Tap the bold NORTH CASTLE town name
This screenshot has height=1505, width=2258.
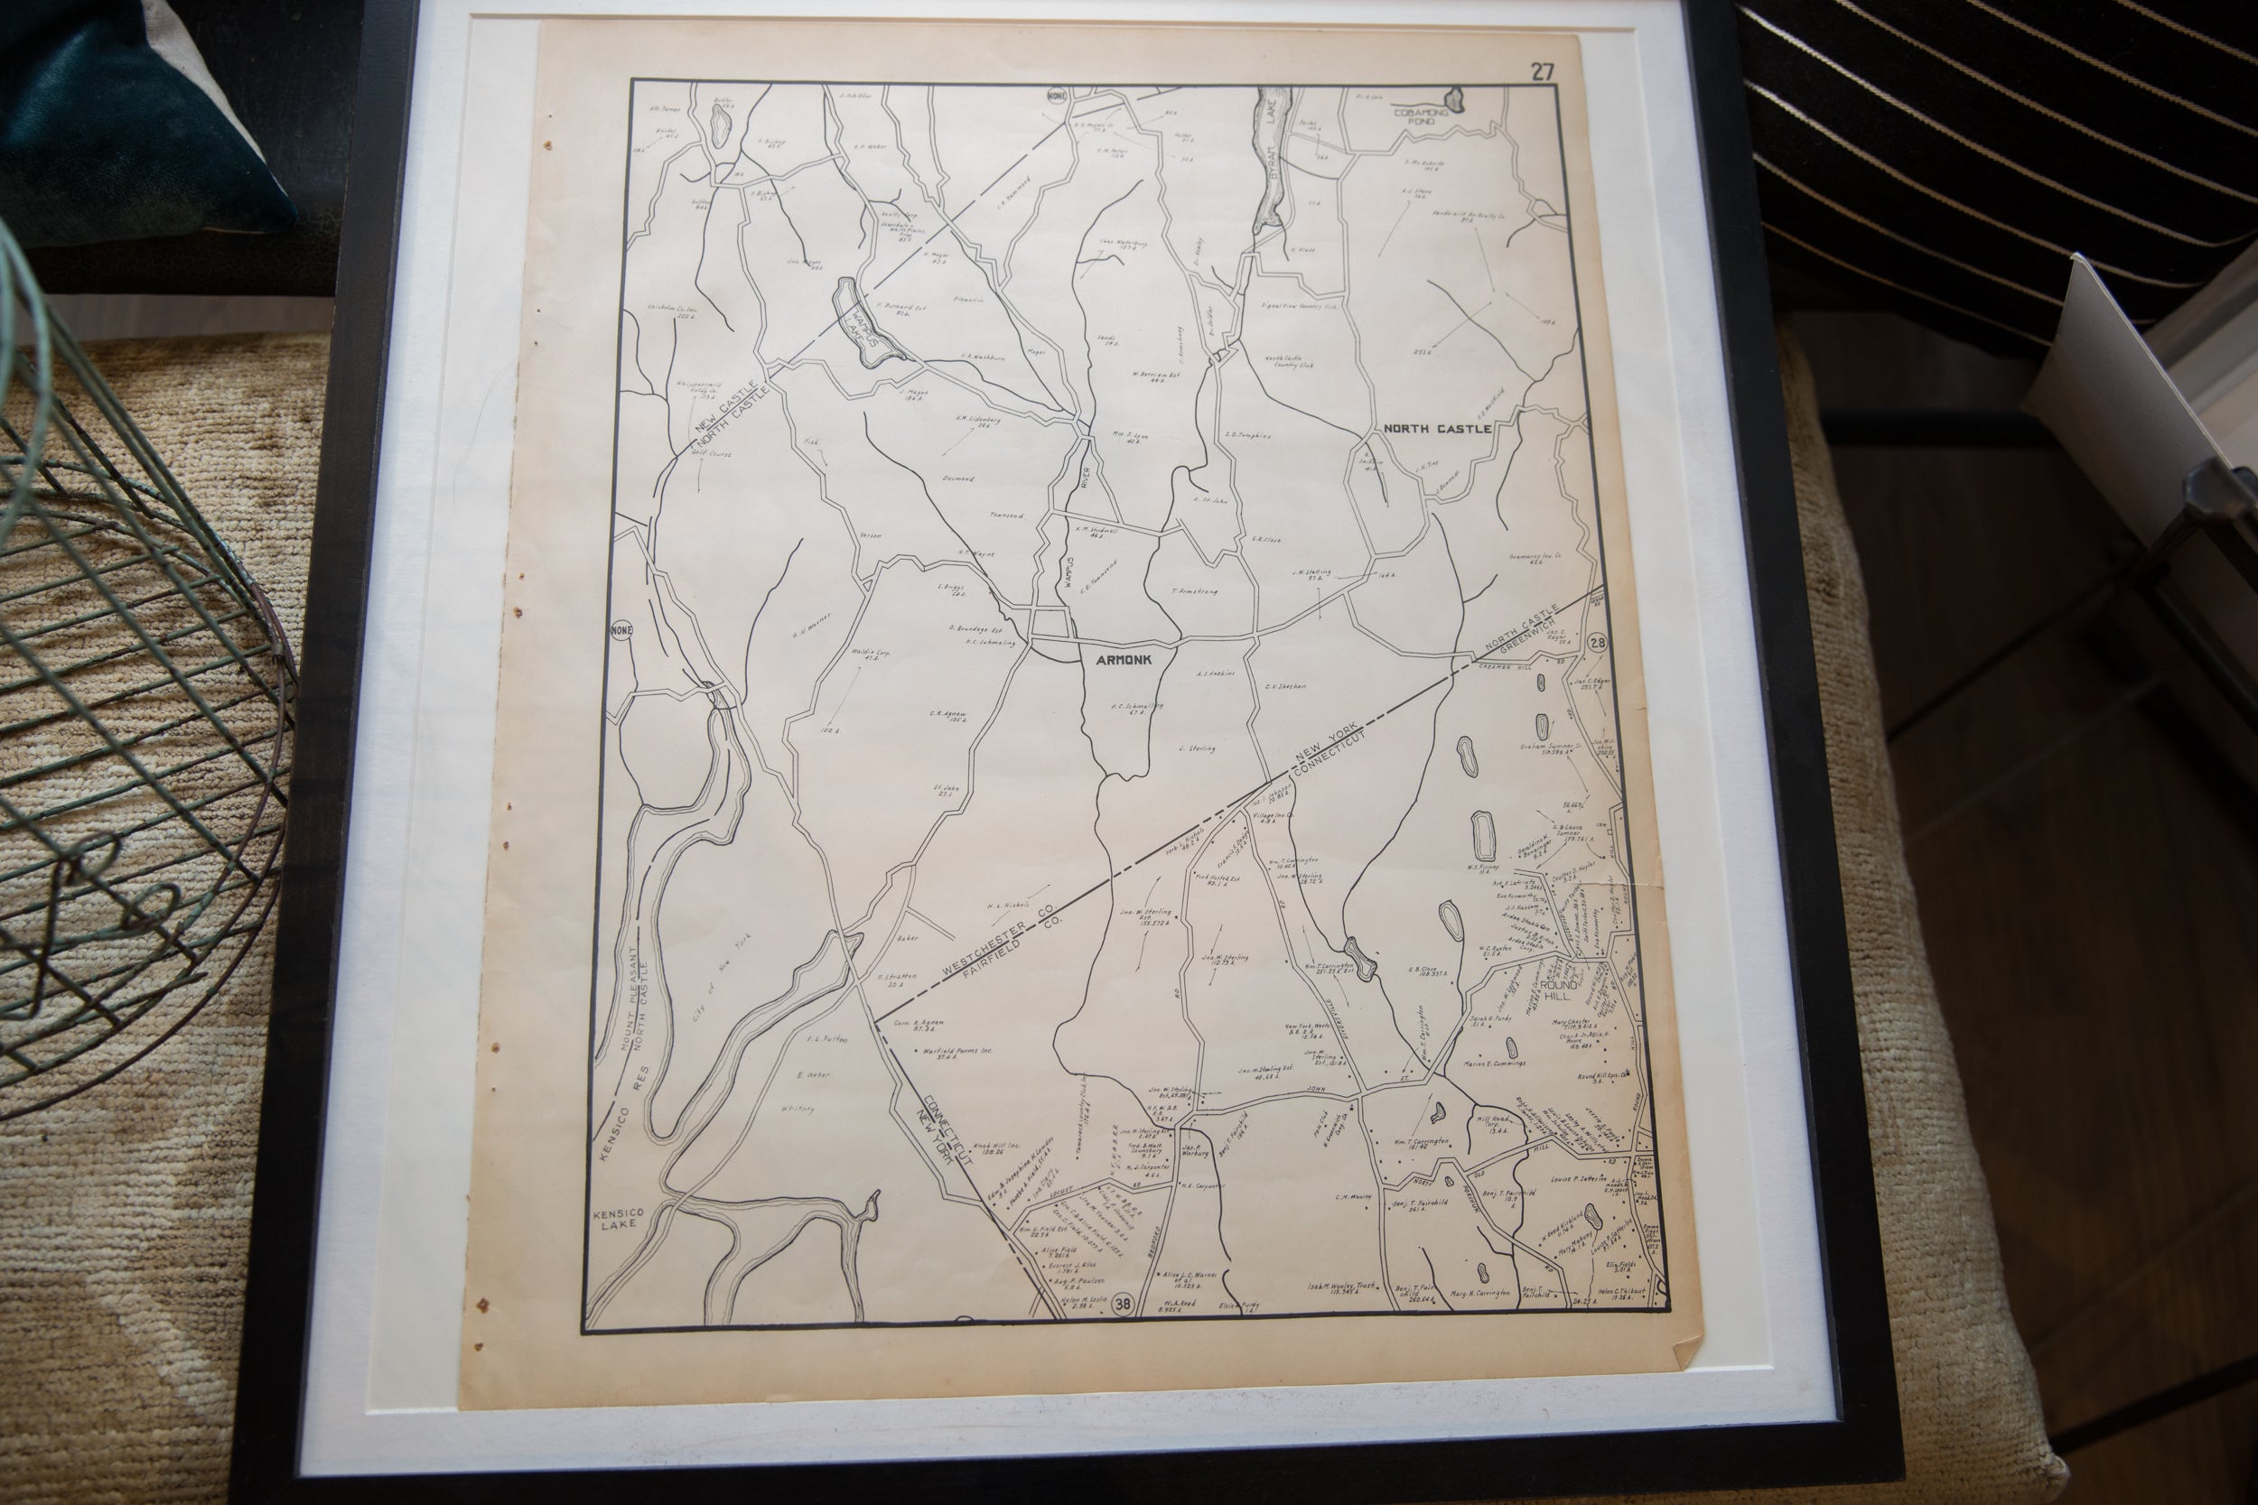pyautogui.click(x=1436, y=428)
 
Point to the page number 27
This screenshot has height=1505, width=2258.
pyautogui.click(x=1543, y=71)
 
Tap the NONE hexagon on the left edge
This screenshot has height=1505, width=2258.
pyautogui.click(x=622, y=630)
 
